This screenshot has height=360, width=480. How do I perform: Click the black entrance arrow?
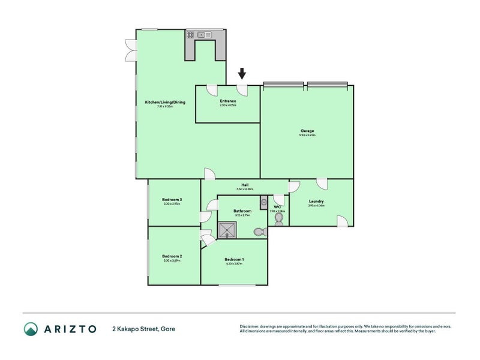pos(242,74)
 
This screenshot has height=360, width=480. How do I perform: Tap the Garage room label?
pos(307,131)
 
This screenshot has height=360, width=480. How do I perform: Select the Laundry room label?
pos(316,201)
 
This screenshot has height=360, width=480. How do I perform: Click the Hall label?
pos(245,185)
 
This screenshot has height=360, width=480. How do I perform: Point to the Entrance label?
pos(228,101)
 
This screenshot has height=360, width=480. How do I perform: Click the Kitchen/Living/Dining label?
pos(165,102)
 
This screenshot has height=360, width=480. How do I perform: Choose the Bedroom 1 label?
pos(234,259)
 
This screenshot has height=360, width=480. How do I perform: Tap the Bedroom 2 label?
pos(172,256)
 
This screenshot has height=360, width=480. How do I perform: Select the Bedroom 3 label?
pos(172,199)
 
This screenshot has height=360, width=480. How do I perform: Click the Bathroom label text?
pos(242,211)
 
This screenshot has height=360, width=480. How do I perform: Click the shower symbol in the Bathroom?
pos(227,230)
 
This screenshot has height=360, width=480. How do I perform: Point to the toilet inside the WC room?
pos(278,220)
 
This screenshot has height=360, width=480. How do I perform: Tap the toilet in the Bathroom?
pos(259,231)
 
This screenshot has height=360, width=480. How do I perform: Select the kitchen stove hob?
pos(190,35)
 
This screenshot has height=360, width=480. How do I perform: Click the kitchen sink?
pos(206,35)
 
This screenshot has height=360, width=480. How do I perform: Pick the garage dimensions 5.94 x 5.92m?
pos(307,136)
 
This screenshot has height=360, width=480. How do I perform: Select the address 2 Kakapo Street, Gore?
pos(143,329)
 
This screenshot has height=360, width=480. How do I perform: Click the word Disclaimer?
pos(250,326)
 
